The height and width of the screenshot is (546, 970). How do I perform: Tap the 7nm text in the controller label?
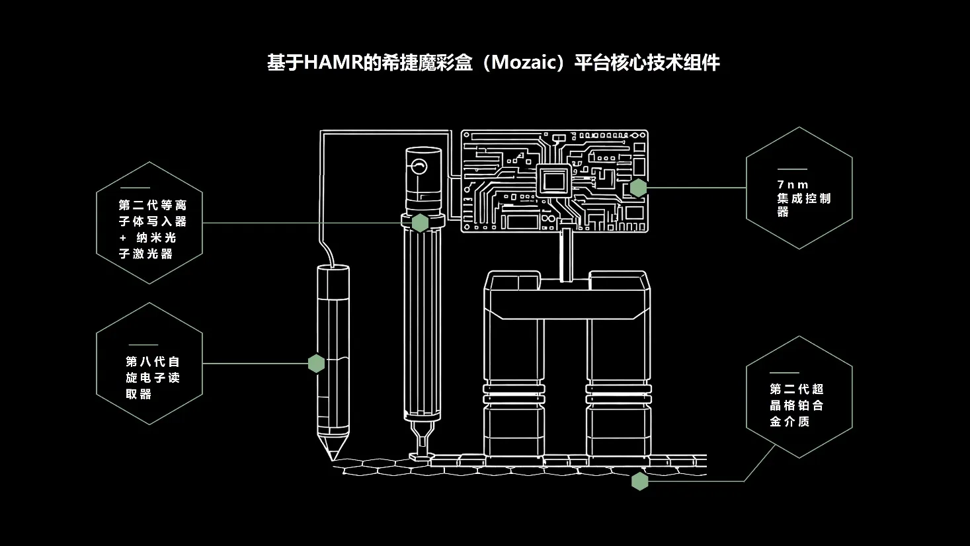pos(793,185)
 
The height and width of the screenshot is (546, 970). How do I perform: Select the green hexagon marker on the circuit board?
pos(638,188)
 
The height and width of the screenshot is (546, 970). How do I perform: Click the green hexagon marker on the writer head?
pos(420,223)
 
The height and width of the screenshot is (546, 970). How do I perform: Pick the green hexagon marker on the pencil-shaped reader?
pos(317,364)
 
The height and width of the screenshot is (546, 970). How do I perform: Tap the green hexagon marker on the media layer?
pos(639,481)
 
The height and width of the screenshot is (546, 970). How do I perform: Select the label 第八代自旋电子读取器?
pos(152,377)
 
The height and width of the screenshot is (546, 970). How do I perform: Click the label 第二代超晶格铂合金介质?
pos(796,405)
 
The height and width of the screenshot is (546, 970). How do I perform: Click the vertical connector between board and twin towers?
pos(566,255)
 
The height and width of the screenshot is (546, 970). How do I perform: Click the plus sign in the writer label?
pos(122,238)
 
